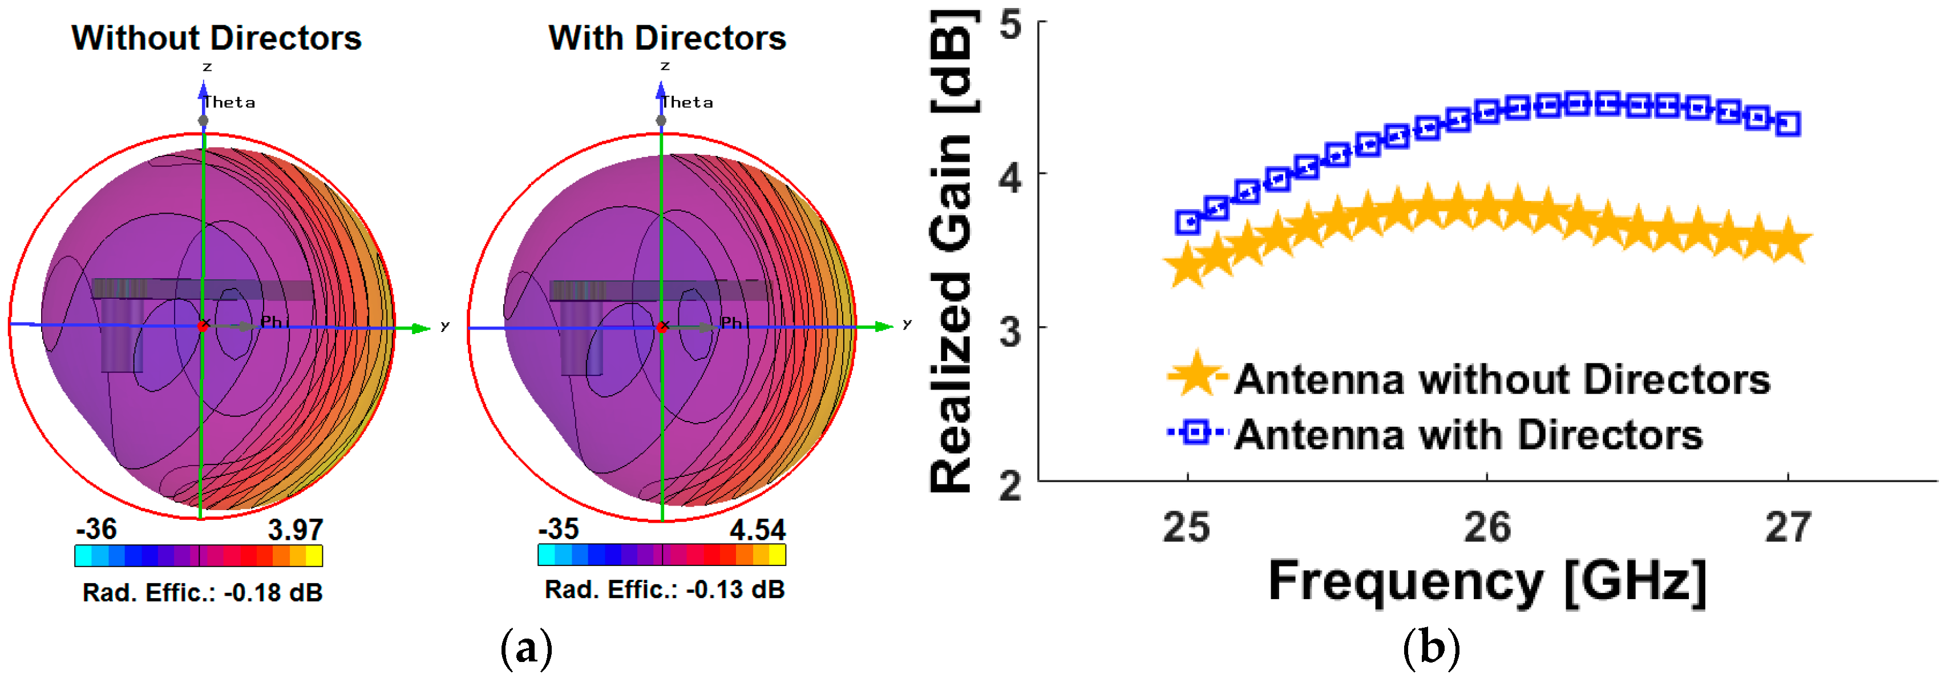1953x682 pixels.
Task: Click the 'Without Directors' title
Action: (216, 38)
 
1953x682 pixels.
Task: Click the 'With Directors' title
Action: (667, 38)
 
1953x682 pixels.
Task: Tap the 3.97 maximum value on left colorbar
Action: (295, 529)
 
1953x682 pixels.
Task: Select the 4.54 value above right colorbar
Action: (757, 529)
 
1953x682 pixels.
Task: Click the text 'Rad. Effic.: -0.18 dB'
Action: (203, 592)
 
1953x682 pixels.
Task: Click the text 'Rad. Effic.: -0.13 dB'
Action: (665, 589)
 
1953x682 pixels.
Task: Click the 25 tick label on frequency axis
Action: (1187, 527)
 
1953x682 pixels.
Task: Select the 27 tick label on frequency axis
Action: (1788, 527)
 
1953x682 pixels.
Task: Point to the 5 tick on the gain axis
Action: (1010, 25)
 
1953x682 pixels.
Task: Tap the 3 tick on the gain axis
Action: (1010, 331)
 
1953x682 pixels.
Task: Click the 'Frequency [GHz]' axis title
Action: (1487, 582)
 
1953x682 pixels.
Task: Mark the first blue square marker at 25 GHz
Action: (1188, 222)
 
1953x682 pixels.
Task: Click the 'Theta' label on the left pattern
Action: (230, 102)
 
